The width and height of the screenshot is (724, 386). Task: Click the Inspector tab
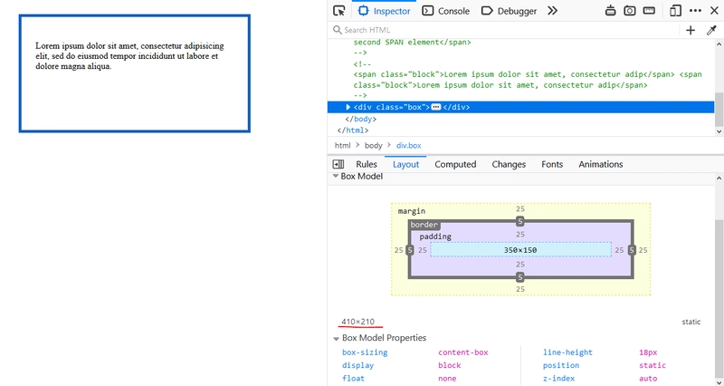(x=384, y=11)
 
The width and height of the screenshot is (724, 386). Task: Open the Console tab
(x=446, y=11)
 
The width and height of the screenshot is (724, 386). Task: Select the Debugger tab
(x=509, y=11)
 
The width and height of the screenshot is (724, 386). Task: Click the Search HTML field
(x=503, y=30)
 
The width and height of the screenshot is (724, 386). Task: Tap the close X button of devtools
(x=714, y=11)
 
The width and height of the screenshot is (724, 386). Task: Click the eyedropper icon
(x=711, y=30)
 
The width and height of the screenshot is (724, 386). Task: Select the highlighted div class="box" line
(x=520, y=107)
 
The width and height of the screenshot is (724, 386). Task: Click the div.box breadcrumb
(x=409, y=145)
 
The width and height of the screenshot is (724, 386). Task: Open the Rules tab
(x=367, y=164)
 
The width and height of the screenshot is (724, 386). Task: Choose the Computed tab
(x=455, y=164)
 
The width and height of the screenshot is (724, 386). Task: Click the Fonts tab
(x=552, y=164)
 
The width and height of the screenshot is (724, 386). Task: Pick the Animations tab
(x=600, y=164)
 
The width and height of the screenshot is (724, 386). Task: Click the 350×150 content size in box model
(x=519, y=250)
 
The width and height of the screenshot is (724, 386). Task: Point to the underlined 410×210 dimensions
(x=357, y=322)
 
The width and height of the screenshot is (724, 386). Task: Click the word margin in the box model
(x=412, y=211)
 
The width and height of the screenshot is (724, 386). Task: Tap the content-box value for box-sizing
(x=462, y=352)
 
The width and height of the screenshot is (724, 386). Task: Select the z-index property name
(x=558, y=378)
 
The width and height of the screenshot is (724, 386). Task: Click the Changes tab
(x=509, y=164)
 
